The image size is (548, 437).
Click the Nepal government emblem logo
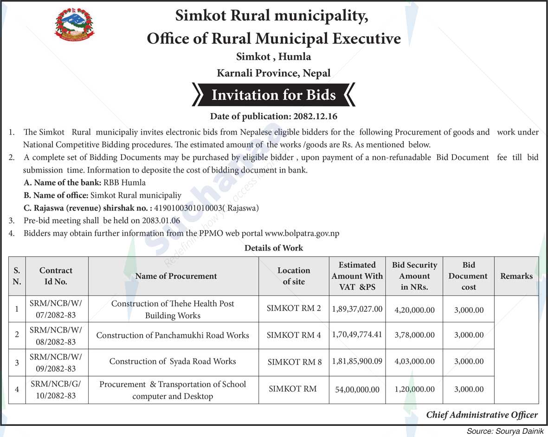tap(74, 25)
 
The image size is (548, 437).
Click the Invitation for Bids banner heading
tap(274, 95)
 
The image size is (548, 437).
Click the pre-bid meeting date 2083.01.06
tap(162, 221)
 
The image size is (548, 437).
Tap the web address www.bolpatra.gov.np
tap(302, 233)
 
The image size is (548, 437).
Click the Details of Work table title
tap(274, 248)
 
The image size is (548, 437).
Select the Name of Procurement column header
tap(176, 276)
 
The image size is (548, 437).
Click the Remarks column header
tap(516, 276)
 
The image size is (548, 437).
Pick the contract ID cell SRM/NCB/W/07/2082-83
tap(56, 309)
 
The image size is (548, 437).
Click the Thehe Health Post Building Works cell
tap(173, 309)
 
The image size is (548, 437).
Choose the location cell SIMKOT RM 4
tap(294, 335)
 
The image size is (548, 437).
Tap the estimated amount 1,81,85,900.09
tap(357, 361)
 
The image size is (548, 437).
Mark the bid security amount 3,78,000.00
tap(414, 335)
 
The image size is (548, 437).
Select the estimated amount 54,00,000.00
tap(357, 390)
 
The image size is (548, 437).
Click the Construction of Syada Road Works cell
tap(173, 361)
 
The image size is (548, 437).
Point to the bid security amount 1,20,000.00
tap(414, 390)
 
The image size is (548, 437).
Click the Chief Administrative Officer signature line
tap(482, 415)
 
